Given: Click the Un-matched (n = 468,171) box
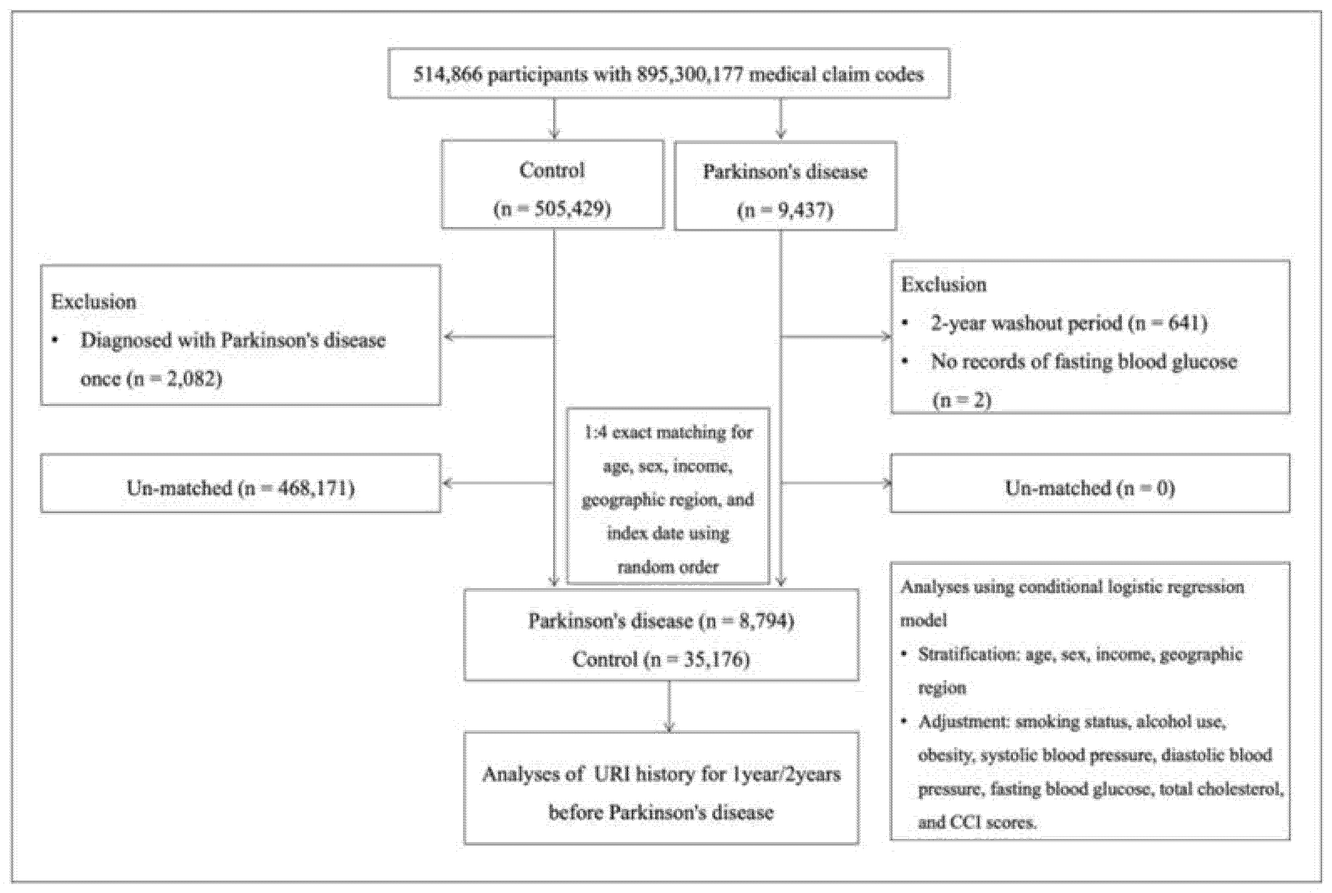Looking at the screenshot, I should click(240, 488).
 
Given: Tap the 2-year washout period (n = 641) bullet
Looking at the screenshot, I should click(1068, 323).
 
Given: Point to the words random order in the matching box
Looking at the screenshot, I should click(668, 567).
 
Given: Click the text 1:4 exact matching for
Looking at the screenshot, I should click(668, 432).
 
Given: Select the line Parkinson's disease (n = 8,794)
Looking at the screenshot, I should click(661, 620).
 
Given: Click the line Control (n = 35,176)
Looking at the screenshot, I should click(661, 659).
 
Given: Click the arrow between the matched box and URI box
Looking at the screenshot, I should click(669, 706).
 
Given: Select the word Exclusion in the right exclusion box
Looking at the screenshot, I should click(943, 284).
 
